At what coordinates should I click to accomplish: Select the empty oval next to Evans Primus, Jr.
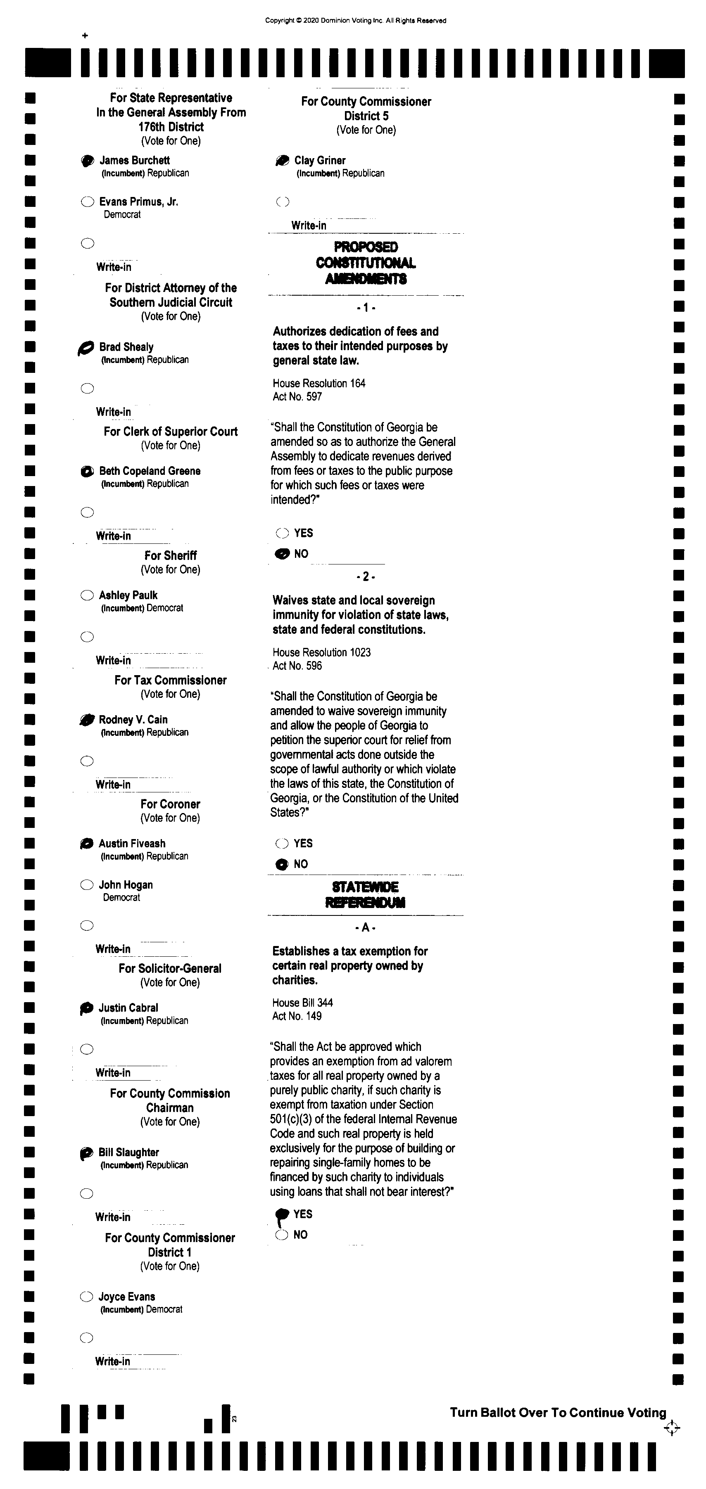coord(87,202)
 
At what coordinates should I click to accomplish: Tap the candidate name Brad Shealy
coord(126,347)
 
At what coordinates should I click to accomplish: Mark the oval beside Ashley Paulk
coord(87,595)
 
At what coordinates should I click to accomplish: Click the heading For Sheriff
coord(171,555)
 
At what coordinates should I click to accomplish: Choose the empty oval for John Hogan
coord(87,885)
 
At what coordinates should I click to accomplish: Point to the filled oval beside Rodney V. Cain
coord(87,720)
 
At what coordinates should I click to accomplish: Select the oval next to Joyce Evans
coord(86,1297)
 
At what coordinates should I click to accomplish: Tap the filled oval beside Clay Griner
coord(282,161)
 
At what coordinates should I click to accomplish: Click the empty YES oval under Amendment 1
coord(282,533)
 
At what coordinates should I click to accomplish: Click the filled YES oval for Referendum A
coord(282,1214)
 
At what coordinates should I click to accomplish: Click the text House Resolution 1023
coord(321,652)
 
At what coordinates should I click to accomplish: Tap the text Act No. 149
coord(297,1016)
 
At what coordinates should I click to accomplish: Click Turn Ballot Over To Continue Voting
coord(558,1413)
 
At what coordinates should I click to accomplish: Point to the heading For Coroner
coord(170,804)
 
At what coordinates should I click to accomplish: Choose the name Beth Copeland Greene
coord(150,471)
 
